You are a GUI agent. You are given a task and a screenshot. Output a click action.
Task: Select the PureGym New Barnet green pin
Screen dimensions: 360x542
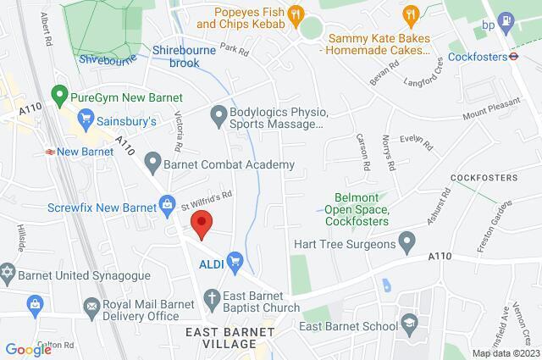point(58,94)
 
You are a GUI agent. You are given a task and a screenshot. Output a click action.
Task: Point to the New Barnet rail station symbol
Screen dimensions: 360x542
point(51,152)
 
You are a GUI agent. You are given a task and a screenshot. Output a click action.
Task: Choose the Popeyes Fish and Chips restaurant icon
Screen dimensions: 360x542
point(296,13)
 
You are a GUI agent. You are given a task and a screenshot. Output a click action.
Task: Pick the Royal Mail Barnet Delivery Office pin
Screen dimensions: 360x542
point(36,302)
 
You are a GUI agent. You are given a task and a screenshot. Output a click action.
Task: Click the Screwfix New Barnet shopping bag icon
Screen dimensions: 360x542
point(168,204)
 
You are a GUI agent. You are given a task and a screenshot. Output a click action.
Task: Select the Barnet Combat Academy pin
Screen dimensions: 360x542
point(152,159)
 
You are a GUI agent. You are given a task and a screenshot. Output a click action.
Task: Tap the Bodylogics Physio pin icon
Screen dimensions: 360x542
point(218,113)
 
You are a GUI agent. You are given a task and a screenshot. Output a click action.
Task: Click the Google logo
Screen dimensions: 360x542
point(28,348)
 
